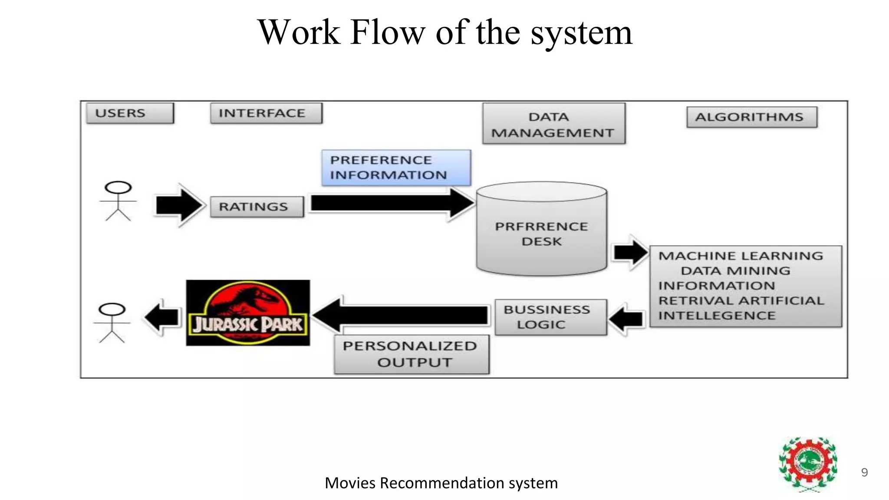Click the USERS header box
(129, 113)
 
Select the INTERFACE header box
(266, 113)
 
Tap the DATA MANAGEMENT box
(553, 124)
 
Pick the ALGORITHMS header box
(751, 117)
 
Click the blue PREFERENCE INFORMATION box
(395, 168)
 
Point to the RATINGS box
(257, 207)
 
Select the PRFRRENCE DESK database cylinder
(541, 230)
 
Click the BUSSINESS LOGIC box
(550, 317)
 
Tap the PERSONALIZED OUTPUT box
(411, 354)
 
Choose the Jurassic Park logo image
(248, 313)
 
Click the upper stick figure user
(118, 201)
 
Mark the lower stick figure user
(112, 323)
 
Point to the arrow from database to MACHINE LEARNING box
(629, 252)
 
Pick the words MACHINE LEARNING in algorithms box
(741, 256)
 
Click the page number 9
(864, 472)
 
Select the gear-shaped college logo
(808, 464)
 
